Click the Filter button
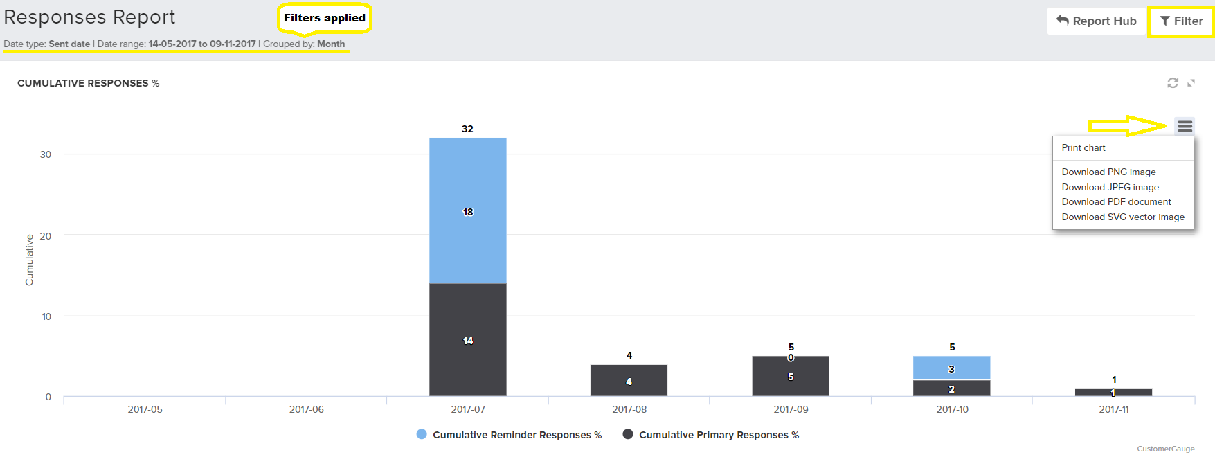tap(1181, 21)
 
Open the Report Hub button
tap(1096, 21)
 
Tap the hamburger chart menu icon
tap(1185, 126)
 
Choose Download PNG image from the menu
tap(1108, 172)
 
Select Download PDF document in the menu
tap(1116, 202)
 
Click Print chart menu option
tap(1083, 148)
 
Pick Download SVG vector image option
tap(1122, 217)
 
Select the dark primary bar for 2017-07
tap(468, 339)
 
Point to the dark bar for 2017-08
tap(629, 380)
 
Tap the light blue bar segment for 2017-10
tap(951, 368)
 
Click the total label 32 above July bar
tap(468, 129)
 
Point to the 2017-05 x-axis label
tap(145, 409)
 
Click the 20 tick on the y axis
tap(46, 236)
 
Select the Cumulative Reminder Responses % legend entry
tap(510, 435)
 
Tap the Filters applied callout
tap(325, 18)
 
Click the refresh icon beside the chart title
tap(1173, 83)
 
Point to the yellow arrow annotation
tap(1127, 126)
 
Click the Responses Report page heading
tap(90, 17)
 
